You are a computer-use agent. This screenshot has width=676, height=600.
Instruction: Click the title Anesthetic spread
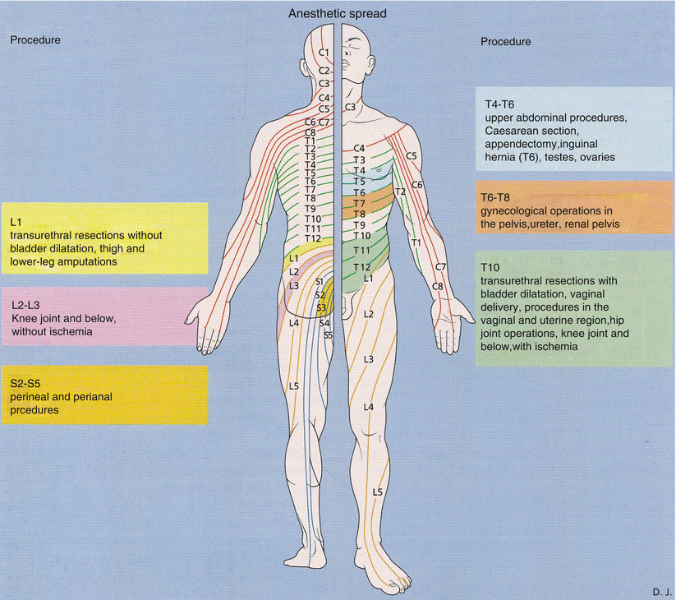pyautogui.click(x=337, y=15)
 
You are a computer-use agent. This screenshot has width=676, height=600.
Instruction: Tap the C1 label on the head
pyautogui.click(x=324, y=53)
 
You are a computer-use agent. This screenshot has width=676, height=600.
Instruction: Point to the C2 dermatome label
pyautogui.click(x=324, y=71)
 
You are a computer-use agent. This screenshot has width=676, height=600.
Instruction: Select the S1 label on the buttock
pyautogui.click(x=320, y=283)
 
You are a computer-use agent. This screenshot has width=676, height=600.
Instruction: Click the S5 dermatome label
pyautogui.click(x=329, y=335)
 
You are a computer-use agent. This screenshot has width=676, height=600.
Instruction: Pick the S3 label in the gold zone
pyautogui.click(x=322, y=307)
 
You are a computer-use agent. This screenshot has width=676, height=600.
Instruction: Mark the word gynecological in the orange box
pyautogui.click(x=517, y=210)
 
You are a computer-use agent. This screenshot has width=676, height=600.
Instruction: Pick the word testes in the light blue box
pyautogui.click(x=559, y=157)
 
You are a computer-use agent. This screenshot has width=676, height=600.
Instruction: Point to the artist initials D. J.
pyautogui.click(x=661, y=590)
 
